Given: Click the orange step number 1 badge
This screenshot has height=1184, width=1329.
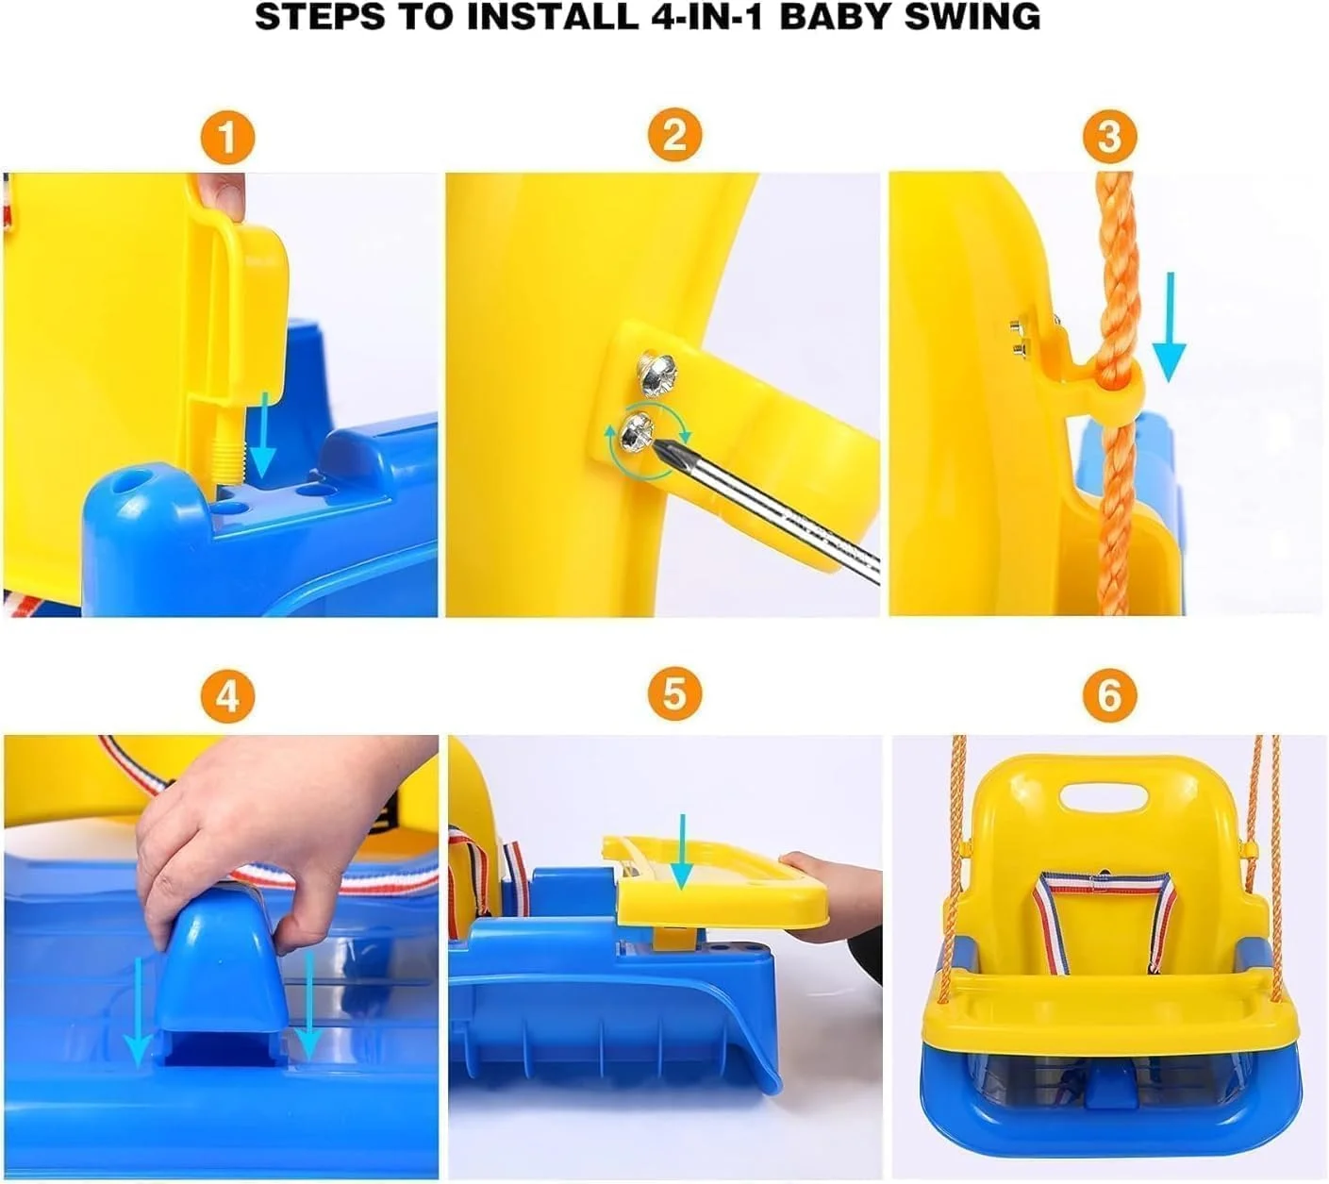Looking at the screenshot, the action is pyautogui.click(x=227, y=138).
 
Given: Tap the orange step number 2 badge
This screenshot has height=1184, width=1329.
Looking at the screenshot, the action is pyautogui.click(x=674, y=135).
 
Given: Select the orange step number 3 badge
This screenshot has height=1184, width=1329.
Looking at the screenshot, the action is pyautogui.click(x=1109, y=137).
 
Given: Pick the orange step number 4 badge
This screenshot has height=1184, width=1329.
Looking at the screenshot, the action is pyautogui.click(x=227, y=695).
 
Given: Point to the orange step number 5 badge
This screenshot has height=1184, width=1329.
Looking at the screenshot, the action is pyautogui.click(x=674, y=693).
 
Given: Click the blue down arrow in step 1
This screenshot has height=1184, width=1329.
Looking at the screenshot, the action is pyautogui.click(x=262, y=434).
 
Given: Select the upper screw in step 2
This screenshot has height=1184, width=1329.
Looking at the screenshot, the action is pyautogui.click(x=656, y=375).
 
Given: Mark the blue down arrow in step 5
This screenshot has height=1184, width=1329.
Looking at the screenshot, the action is pyautogui.click(x=682, y=851).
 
